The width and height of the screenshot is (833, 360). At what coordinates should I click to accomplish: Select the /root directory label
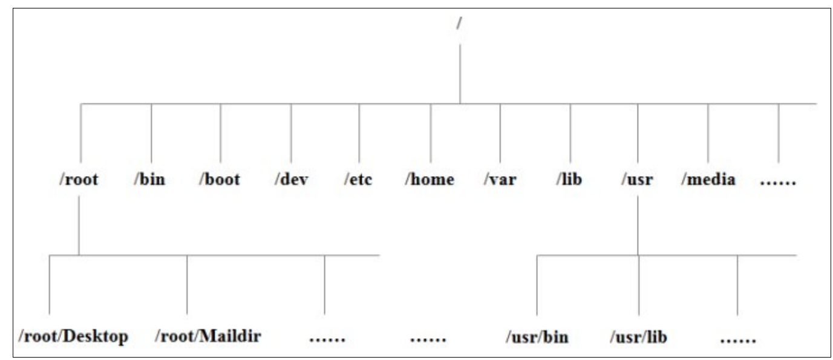pos(79,180)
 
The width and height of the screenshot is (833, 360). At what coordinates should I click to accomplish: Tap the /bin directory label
pos(150,180)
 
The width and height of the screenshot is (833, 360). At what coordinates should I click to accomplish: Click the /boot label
pos(220,180)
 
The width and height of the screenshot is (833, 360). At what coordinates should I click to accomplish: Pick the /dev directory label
pos(290,180)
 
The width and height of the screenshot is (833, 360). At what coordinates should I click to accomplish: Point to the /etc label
pos(359,180)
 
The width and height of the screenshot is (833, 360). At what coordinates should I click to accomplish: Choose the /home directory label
pos(430,180)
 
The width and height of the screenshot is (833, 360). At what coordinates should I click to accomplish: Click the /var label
pos(500,180)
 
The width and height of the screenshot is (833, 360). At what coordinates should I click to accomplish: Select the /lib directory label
pos(569,180)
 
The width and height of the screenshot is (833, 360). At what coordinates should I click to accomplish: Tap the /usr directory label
pos(638,180)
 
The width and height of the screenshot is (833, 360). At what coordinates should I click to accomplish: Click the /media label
pos(708,180)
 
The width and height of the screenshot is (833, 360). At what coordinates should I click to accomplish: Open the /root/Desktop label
pos(74,336)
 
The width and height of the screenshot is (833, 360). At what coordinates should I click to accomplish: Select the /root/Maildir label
pos(208,336)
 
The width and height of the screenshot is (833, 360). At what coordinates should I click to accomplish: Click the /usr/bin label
pos(537,337)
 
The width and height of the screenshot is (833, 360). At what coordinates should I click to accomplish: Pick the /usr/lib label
pos(638,337)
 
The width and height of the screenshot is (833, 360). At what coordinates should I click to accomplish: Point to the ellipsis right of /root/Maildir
pos(327,339)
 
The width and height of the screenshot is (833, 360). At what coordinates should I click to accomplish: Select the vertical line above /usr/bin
pos(537,284)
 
